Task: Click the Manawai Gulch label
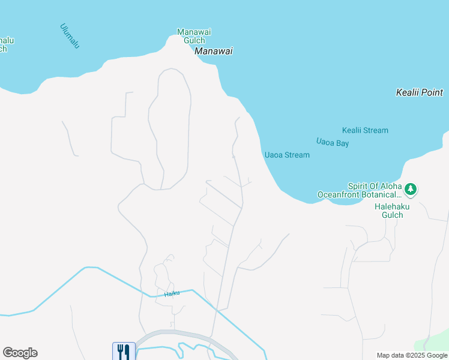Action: [194, 36]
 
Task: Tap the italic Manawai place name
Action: [213, 52]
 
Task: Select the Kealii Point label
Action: [420, 92]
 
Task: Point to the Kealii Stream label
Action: [365, 130]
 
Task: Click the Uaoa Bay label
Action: [333, 143]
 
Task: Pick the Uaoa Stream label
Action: [287, 155]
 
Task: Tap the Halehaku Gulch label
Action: [393, 211]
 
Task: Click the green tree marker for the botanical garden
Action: [411, 190]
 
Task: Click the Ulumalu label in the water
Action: [70, 36]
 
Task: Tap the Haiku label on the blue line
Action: [173, 293]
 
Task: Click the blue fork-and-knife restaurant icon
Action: [124, 351]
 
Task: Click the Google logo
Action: [20, 353]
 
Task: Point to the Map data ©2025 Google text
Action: [412, 355]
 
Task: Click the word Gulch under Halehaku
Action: [393, 215]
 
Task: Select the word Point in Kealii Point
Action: [432, 92]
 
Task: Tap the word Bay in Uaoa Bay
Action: [343, 143]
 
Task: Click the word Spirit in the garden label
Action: [359, 186]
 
